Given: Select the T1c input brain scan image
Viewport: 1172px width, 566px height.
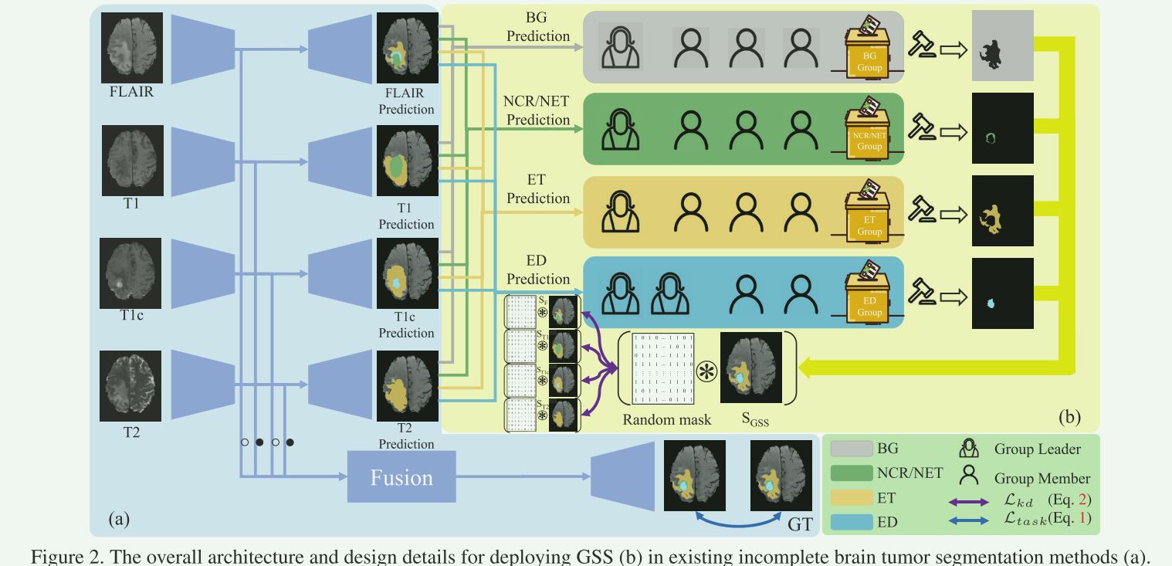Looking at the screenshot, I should tap(131, 269).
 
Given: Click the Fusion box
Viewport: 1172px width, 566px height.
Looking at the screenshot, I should tap(401, 477).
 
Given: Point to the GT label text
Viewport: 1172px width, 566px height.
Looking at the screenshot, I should tap(800, 526).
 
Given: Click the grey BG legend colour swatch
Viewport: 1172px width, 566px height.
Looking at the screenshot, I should tap(852, 448).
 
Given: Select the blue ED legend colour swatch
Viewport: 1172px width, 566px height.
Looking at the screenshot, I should tap(852, 521).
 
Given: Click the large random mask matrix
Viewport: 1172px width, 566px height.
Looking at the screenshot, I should tap(663, 368).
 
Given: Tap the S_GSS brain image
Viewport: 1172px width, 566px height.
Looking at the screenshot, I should tap(750, 368).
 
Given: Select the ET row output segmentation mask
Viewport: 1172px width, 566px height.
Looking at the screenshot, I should tap(1002, 211).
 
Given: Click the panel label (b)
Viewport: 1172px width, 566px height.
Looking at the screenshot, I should tap(1069, 416).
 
